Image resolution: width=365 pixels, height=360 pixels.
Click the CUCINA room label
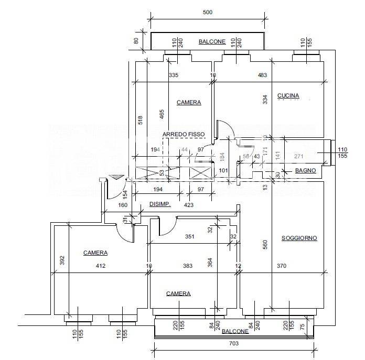tap(288, 96)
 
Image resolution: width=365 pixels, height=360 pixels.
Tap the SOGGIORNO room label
tap(299, 238)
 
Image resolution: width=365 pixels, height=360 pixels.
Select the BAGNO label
tap(305, 171)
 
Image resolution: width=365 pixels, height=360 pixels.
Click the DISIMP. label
tap(160, 204)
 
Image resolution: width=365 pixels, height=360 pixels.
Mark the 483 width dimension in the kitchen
tap(262, 75)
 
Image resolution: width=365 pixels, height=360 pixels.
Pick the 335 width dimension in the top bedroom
tap(174, 75)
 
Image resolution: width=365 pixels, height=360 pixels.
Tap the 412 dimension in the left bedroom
tap(101, 266)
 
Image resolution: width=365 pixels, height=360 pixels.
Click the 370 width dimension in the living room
tap(282, 266)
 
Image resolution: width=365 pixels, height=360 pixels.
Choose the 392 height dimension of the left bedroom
tap(61, 260)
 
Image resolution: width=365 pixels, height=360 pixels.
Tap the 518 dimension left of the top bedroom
tap(140, 120)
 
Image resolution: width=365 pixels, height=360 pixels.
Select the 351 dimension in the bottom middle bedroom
tap(189, 237)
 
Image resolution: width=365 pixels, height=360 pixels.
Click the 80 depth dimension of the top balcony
tap(136, 40)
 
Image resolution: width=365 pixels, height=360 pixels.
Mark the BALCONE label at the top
tap(212, 41)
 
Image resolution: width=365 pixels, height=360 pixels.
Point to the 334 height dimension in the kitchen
tap(265, 98)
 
